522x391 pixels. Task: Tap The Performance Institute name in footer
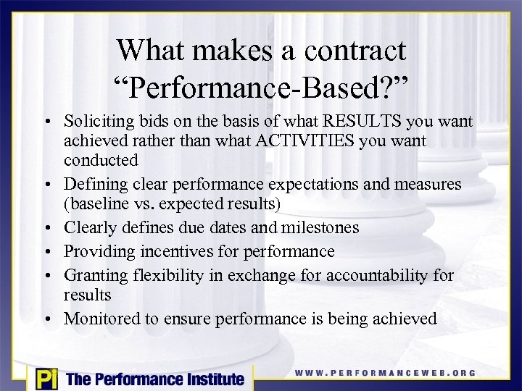coord(154,378)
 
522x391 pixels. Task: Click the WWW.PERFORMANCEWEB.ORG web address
coord(385,373)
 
